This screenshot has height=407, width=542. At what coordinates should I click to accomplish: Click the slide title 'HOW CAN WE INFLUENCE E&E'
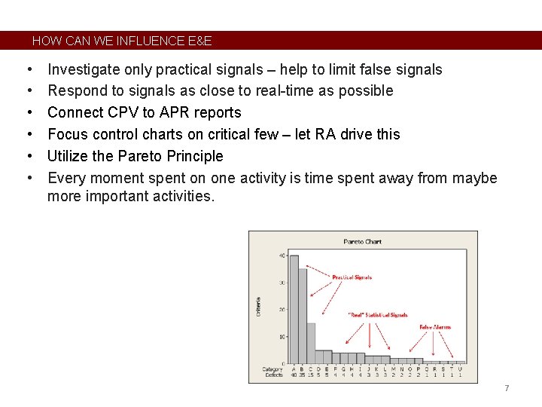(122, 41)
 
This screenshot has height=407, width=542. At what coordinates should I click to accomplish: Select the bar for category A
(294, 309)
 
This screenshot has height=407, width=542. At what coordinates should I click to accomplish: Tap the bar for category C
(311, 343)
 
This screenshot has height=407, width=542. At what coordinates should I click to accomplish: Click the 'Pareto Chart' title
(363, 242)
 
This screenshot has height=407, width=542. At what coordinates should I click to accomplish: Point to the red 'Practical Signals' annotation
(352, 277)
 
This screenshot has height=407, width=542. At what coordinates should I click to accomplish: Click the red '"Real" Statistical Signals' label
(377, 315)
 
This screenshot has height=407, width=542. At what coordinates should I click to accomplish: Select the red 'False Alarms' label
(435, 327)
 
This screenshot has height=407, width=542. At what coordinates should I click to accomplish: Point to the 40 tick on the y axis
(282, 256)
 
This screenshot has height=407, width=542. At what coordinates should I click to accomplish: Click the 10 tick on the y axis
(282, 337)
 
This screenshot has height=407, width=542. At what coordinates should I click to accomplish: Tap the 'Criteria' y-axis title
(259, 305)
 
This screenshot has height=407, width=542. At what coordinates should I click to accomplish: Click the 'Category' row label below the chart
(273, 369)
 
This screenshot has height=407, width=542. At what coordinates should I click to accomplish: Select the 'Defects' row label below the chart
(274, 375)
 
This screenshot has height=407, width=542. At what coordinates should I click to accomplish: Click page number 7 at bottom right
(507, 388)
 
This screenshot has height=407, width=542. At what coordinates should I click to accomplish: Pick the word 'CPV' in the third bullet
(120, 112)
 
